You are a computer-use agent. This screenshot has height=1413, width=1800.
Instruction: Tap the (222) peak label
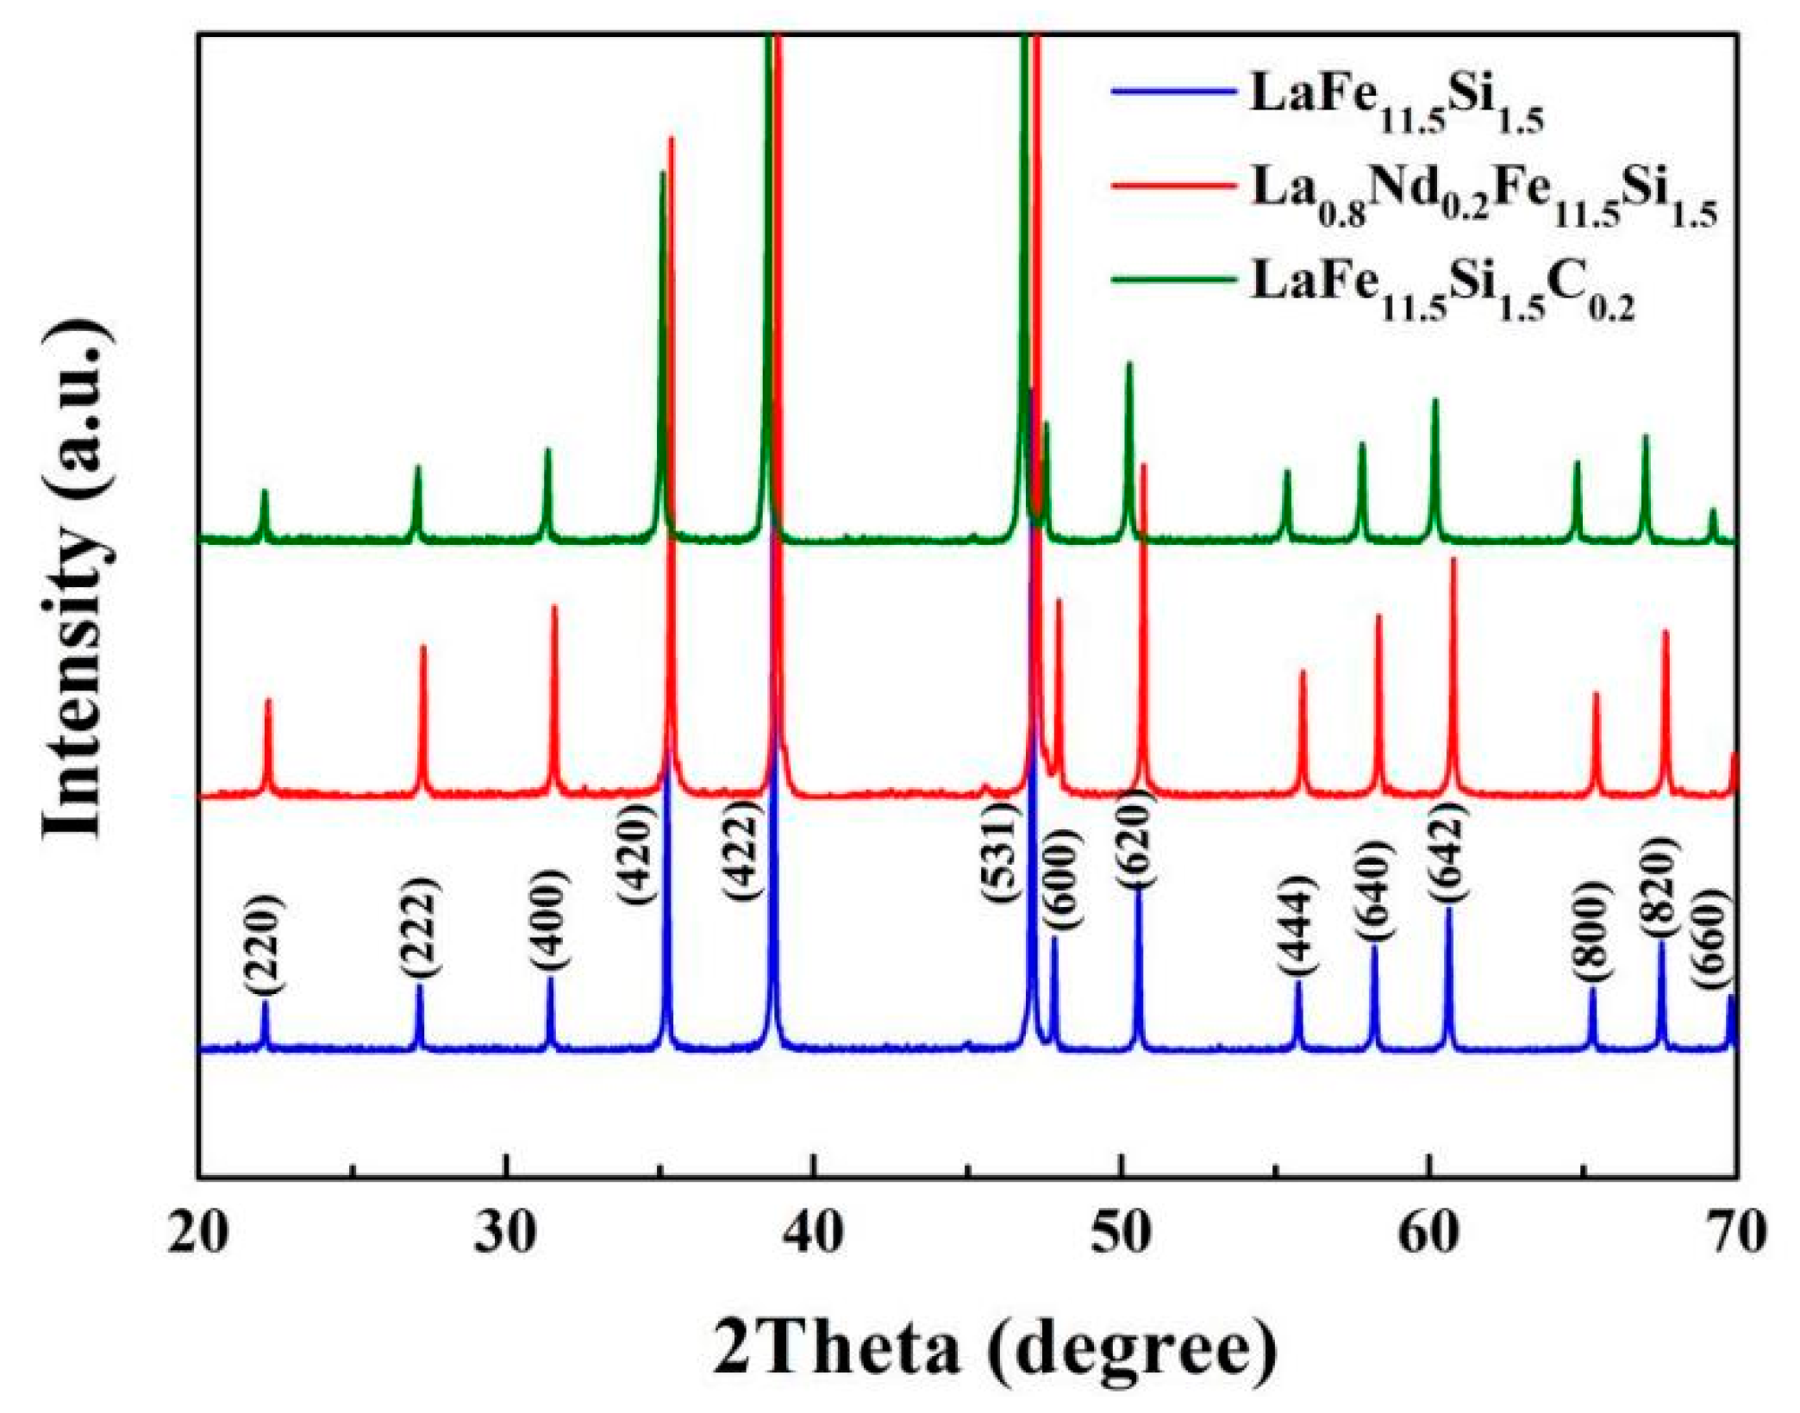click(421, 926)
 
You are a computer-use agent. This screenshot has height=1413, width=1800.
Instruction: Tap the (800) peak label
click(1591, 942)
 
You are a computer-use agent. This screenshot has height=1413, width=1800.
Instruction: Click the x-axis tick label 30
click(506, 1234)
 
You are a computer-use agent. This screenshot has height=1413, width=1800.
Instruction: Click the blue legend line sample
click(1172, 90)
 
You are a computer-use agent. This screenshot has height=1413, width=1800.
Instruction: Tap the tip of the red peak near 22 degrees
click(268, 700)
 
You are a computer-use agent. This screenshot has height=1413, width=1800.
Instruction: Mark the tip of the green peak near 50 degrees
click(1128, 364)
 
